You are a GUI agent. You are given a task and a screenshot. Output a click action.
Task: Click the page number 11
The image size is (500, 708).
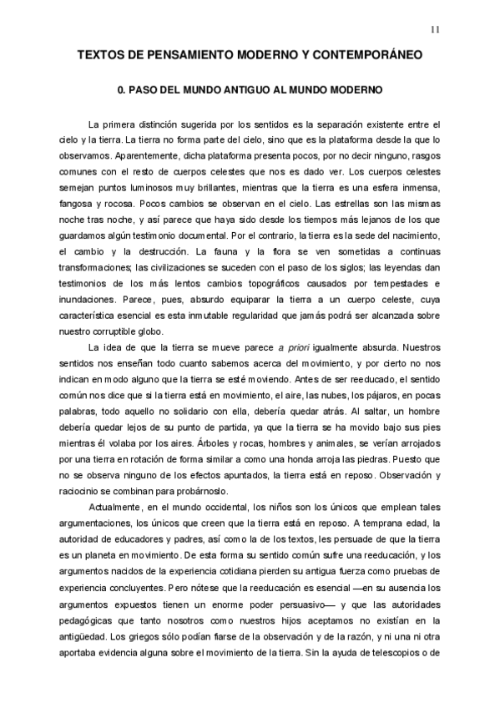tap(434, 31)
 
